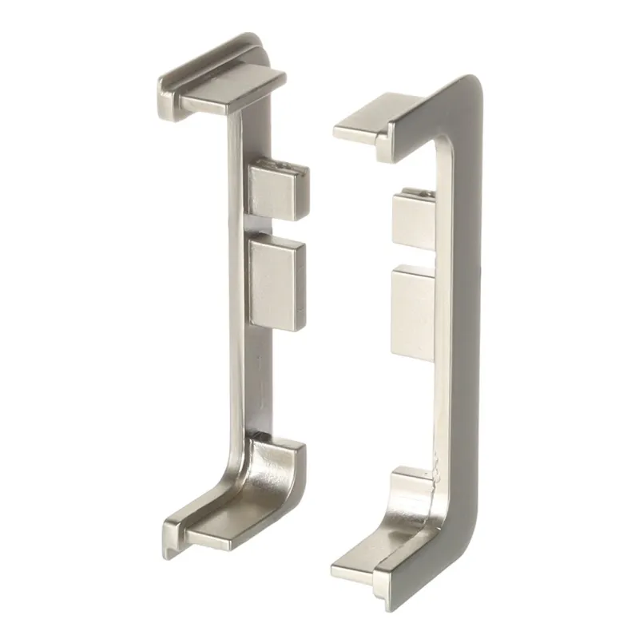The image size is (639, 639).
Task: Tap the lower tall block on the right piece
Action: pos(413,308)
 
